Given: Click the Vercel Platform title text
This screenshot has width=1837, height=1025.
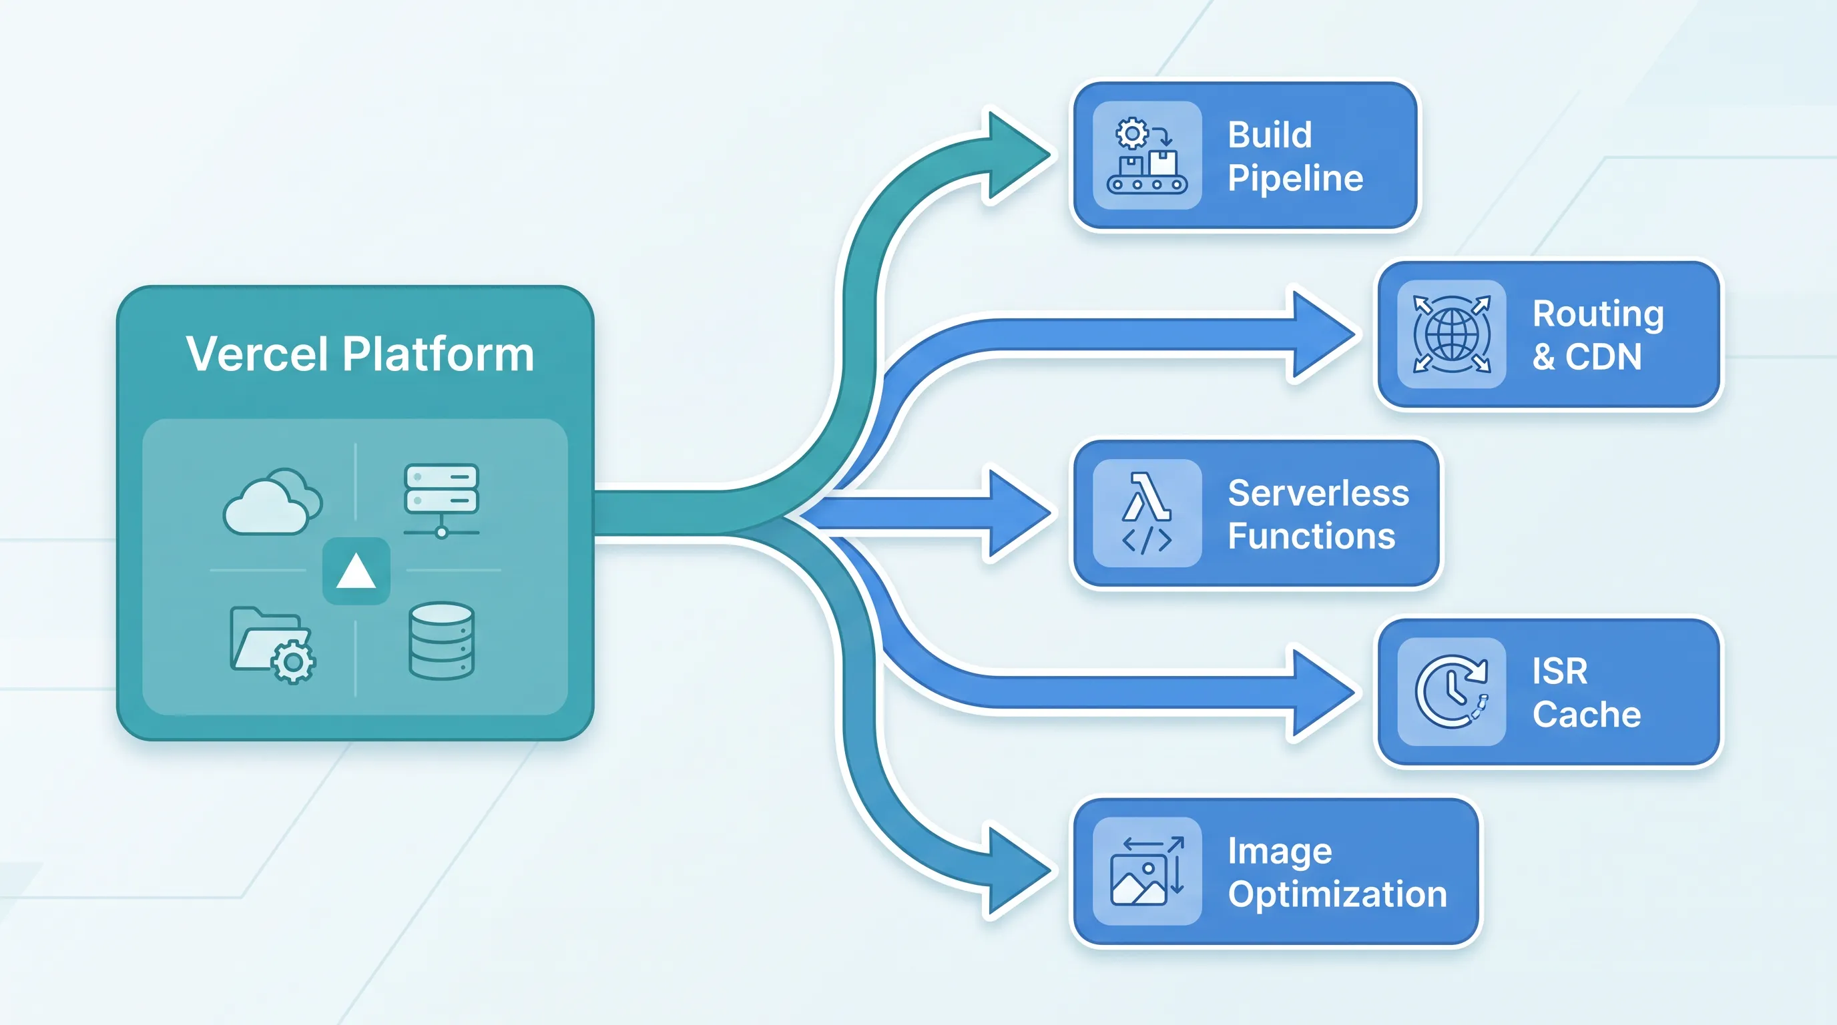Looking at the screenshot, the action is (x=360, y=354).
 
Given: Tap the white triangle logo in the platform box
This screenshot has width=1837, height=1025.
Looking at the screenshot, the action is (x=356, y=572).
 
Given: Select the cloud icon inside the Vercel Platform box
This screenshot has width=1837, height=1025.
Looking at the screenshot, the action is (x=273, y=501).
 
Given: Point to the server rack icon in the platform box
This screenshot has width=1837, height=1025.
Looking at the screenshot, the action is (x=441, y=501).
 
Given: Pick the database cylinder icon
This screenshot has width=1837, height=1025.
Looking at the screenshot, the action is (x=441, y=641).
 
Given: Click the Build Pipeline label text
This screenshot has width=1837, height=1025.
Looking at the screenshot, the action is (x=1295, y=156).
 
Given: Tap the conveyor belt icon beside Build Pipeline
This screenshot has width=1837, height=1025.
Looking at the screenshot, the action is (x=1147, y=155).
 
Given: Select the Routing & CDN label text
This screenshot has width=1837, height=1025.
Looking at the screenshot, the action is (x=1598, y=335).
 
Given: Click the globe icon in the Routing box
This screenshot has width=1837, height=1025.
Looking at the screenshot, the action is (x=1451, y=334).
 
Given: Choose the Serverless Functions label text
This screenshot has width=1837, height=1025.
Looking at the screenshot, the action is (x=1318, y=514).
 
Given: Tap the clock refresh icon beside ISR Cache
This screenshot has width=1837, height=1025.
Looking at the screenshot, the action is (x=1451, y=692).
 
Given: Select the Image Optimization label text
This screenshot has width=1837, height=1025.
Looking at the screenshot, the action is (x=1337, y=872).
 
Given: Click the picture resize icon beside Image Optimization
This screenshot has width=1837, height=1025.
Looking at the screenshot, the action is (x=1147, y=871).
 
